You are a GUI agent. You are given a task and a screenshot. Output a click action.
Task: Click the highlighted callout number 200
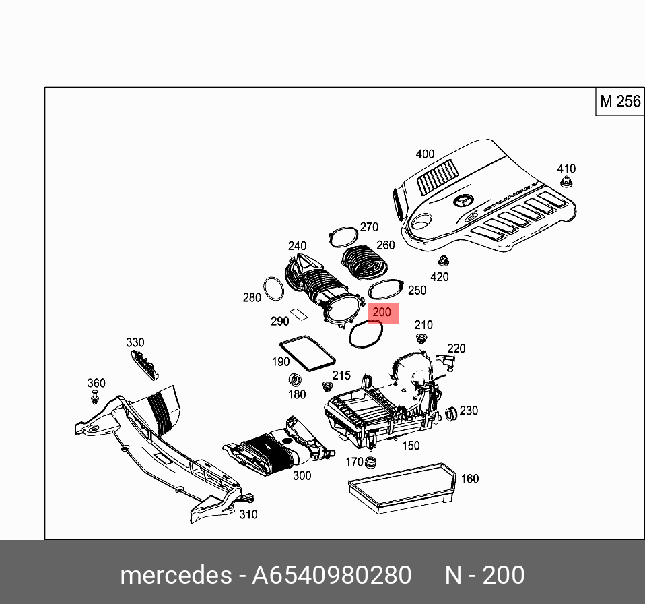click(x=382, y=313)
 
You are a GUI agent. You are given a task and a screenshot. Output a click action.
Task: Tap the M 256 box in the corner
click(x=619, y=101)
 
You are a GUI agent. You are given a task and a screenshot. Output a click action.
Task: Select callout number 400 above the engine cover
click(x=425, y=154)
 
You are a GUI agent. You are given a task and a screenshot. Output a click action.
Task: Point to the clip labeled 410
click(x=566, y=183)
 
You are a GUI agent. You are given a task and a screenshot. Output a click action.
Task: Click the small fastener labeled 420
click(x=443, y=261)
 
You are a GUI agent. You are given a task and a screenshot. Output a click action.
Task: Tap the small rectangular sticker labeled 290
click(x=298, y=312)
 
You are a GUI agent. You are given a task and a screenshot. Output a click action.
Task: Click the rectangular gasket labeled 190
click(x=306, y=352)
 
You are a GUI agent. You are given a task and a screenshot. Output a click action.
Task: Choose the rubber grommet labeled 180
click(x=295, y=380)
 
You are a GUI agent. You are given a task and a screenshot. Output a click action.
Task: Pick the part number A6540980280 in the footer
click(x=331, y=576)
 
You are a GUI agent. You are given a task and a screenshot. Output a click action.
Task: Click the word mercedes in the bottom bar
click(x=174, y=576)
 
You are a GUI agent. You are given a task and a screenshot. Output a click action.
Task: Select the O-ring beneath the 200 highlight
click(x=366, y=334)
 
